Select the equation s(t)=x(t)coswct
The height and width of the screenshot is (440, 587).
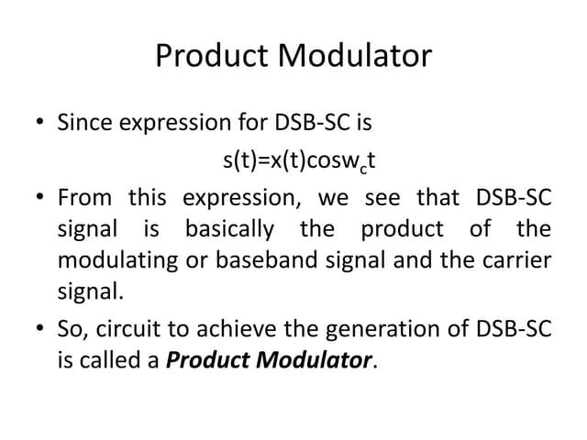click(300, 161)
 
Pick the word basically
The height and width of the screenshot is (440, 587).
click(229, 229)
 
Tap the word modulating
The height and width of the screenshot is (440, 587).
click(117, 260)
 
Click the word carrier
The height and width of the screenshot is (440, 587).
click(520, 260)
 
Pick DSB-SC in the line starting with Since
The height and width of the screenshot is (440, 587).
click(317, 122)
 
